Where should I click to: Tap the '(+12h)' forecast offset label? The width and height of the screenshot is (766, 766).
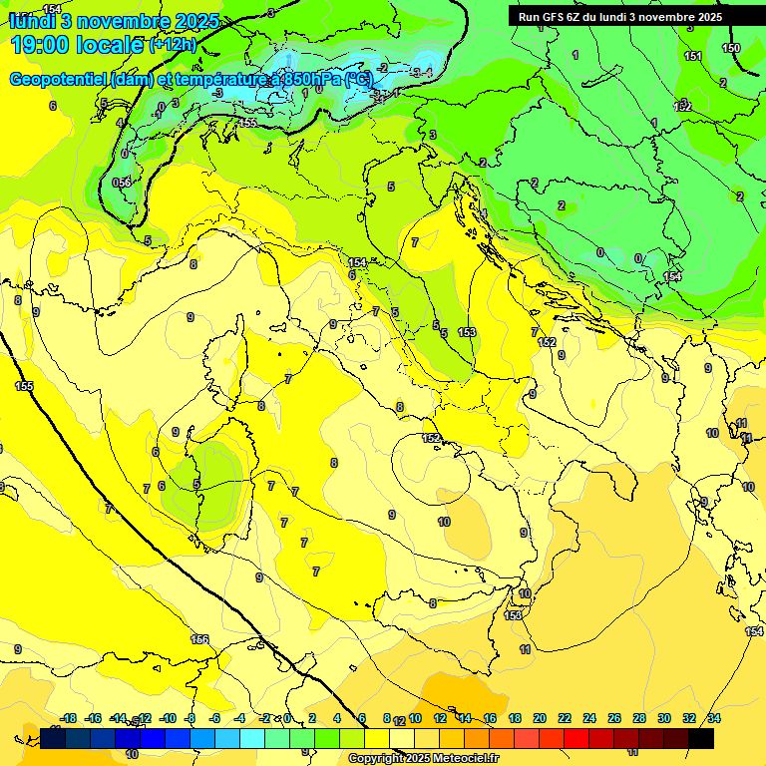pos(173,45)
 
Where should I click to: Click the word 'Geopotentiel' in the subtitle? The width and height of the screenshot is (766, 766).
pos(59,79)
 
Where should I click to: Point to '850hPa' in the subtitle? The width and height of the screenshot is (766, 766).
pos(305,79)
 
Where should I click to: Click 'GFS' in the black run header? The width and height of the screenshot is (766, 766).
pos(554,16)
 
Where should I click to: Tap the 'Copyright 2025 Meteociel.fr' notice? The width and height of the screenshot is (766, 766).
pos(424,759)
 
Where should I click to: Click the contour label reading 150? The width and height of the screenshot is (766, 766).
pos(731,48)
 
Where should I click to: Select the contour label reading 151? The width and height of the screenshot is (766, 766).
pos(693,56)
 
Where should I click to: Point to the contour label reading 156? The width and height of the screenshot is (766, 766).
pos(199,639)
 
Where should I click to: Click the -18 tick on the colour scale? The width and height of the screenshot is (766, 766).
pos(68,718)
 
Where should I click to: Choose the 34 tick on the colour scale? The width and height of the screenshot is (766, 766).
pos(714,718)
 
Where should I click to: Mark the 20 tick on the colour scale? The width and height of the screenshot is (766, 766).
pos(540,718)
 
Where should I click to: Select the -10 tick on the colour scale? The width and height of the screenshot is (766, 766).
pos(168,718)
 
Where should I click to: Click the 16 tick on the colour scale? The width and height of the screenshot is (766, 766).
pos(490,718)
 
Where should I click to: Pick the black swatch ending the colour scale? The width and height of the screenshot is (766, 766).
pos(701,738)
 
